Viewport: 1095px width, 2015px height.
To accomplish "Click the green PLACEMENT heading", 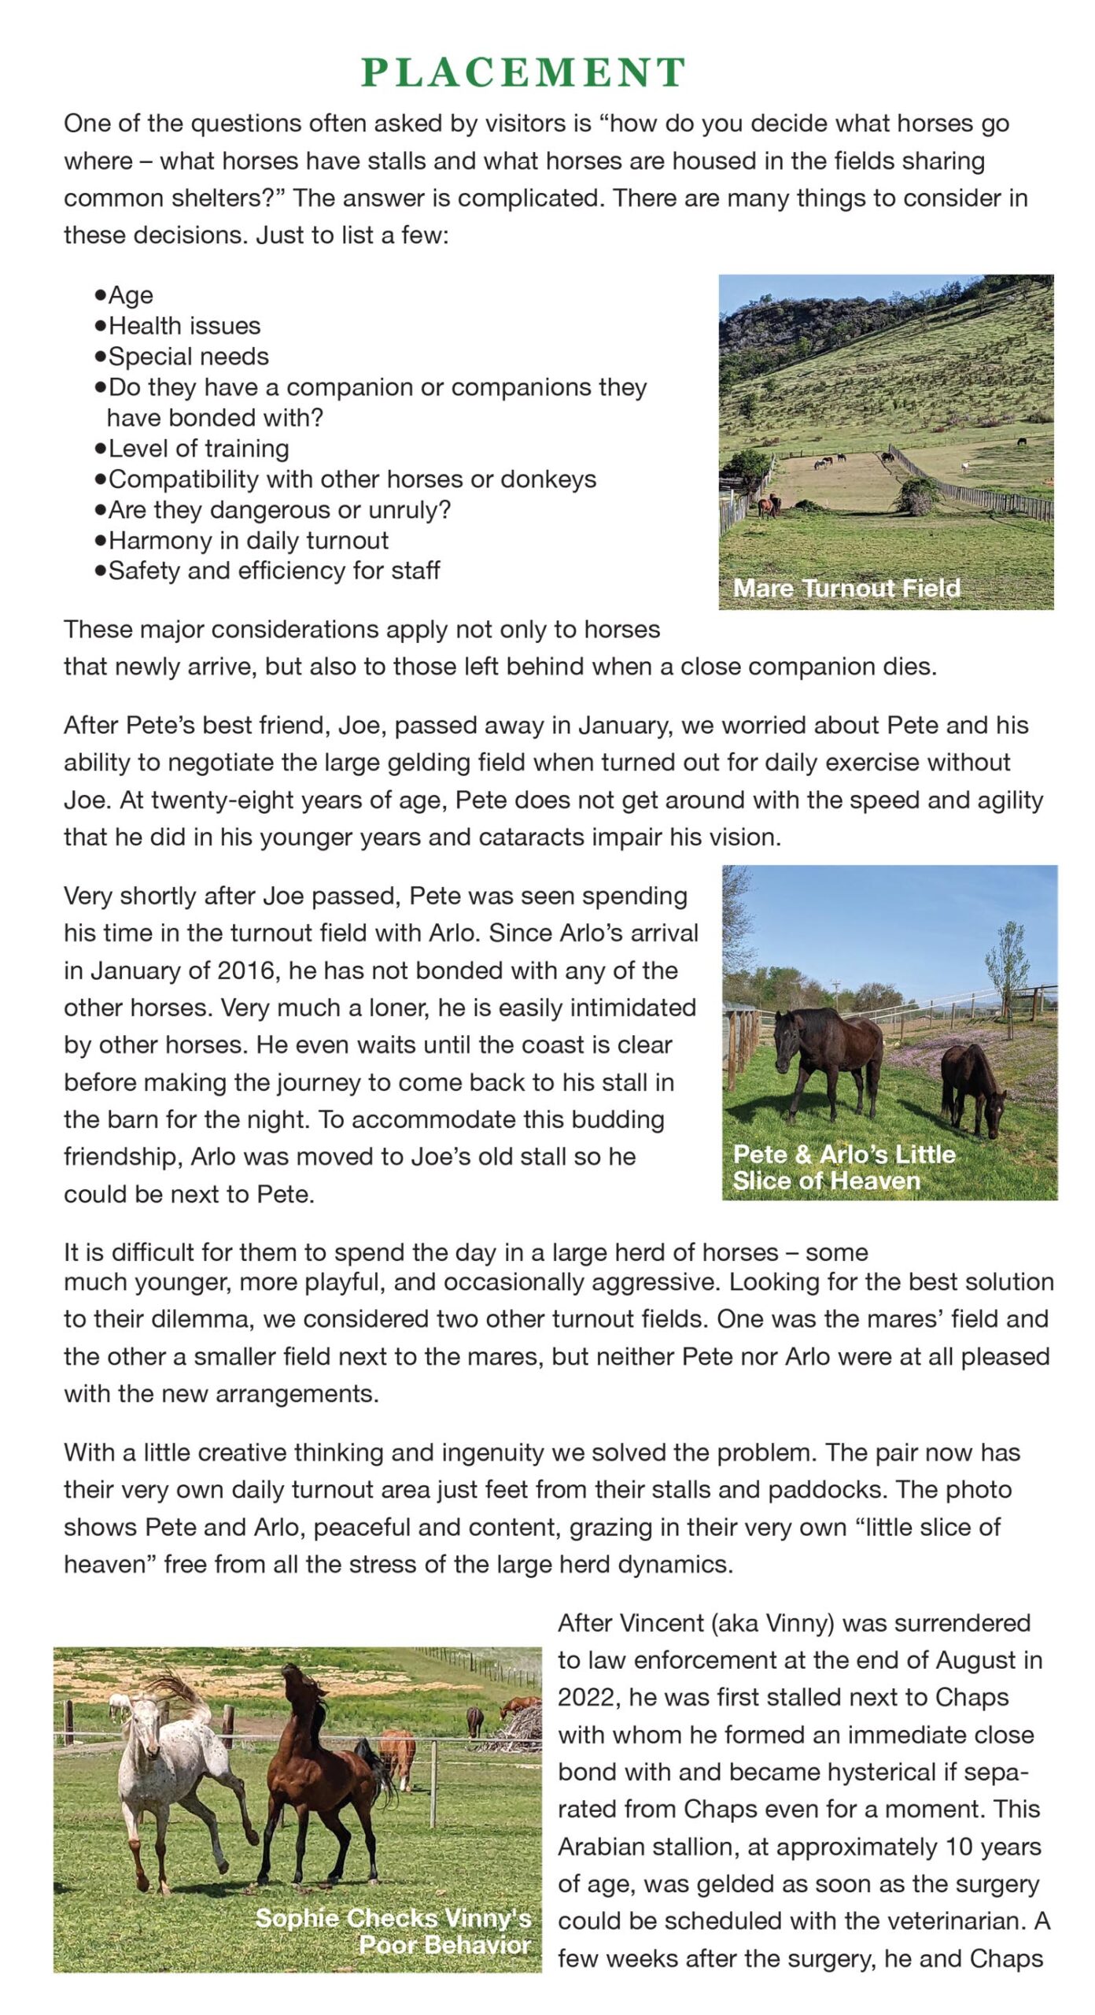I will pos(523,73).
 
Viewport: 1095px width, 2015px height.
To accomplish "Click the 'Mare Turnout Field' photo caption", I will pos(846,588).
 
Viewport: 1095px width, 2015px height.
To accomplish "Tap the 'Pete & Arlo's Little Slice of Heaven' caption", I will pos(843,1167).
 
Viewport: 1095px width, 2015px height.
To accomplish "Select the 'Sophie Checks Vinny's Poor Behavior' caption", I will pos(393,1931).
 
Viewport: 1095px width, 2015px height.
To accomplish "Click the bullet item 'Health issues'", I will pos(184,326).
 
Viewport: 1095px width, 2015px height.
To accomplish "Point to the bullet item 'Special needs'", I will pos(188,357).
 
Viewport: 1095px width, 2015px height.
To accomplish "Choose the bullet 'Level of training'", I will pos(198,449).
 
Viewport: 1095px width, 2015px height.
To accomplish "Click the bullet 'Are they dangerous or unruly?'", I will pos(279,510).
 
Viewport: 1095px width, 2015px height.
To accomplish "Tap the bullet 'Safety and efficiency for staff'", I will pos(274,571).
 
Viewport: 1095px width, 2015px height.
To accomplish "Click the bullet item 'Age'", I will pos(131,295).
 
